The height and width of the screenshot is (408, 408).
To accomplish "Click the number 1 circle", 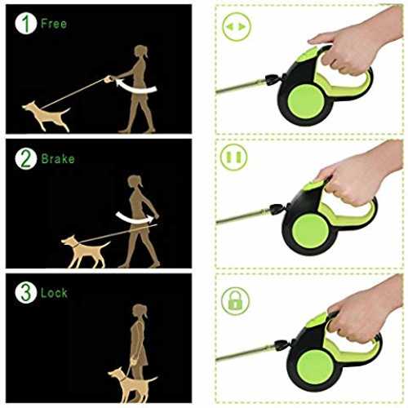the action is pos(25,24).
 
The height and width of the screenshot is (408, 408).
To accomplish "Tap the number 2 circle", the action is pos(25,159).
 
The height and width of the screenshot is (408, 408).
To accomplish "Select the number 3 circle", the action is pos(25,292).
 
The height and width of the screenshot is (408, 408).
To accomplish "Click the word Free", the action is pos(54,24).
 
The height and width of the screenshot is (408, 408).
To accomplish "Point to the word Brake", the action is pos(58,159).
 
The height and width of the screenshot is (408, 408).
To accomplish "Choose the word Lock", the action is pos(54,293).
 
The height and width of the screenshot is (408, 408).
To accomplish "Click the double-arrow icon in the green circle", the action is pos(236,27).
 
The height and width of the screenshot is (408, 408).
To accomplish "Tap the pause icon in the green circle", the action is pos(234,157).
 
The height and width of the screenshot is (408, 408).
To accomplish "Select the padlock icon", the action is pos(235,300).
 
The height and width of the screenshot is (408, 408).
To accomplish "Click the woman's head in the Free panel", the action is pos(141,51).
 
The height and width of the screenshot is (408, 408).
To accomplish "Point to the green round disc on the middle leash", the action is pos(310,231).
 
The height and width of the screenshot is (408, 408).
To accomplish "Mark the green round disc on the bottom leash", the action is pos(315,366).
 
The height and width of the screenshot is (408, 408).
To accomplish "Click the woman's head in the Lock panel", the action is pos(140,311).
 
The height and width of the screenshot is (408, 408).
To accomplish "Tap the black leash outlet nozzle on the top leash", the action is pos(273,80).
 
